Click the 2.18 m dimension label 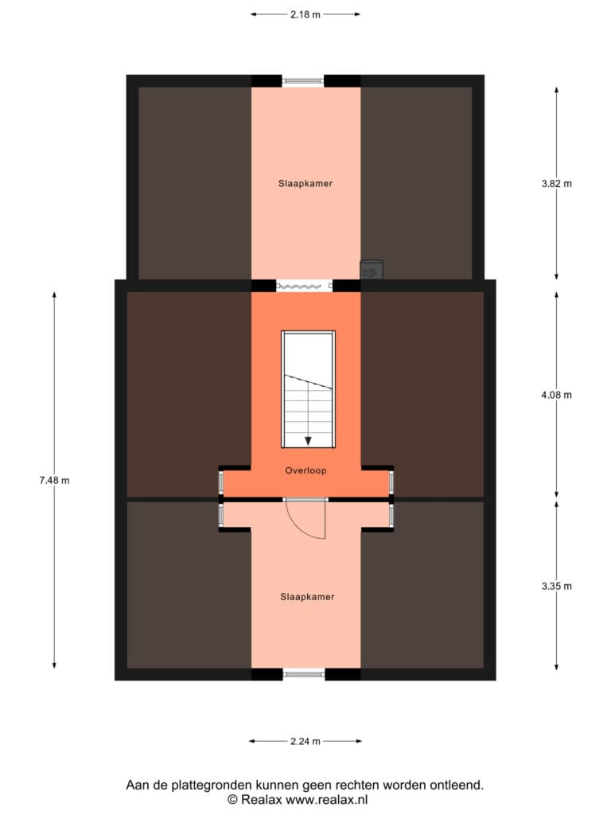[x=305, y=14]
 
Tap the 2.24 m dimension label [x=305, y=741]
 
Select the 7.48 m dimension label [x=54, y=480]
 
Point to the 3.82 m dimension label [x=556, y=184]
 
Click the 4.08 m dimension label [x=556, y=395]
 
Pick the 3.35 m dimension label [x=556, y=587]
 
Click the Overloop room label [x=305, y=471]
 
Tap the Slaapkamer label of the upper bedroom [x=305, y=184]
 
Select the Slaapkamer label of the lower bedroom [x=307, y=597]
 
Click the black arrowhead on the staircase [x=308, y=441]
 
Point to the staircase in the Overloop [x=308, y=389]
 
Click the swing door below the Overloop [x=306, y=518]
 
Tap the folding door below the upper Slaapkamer [x=304, y=286]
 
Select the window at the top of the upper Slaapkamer [x=303, y=80]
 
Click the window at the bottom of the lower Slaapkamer [x=304, y=674]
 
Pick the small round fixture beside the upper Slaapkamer [x=372, y=271]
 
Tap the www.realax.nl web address [x=327, y=800]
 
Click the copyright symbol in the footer [x=233, y=800]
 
